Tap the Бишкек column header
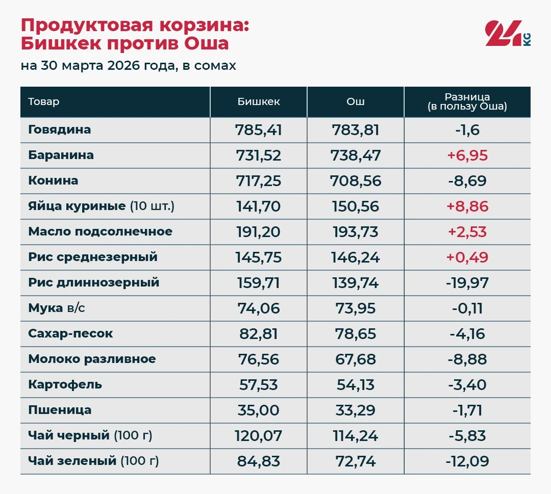(259, 102)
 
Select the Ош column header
(356, 102)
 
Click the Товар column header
(44, 102)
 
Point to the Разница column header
(467, 102)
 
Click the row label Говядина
(60, 129)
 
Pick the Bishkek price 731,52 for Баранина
(259, 155)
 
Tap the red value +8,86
(467, 206)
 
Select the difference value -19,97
(467, 283)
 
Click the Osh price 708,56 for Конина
(356, 181)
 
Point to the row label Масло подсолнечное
(100, 231)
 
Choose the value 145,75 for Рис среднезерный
(259, 257)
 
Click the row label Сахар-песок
(70, 333)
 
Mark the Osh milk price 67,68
(356, 359)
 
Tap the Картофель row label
(65, 384)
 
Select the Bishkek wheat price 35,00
(259, 410)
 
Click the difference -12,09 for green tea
(467, 461)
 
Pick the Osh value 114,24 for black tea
(356, 436)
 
